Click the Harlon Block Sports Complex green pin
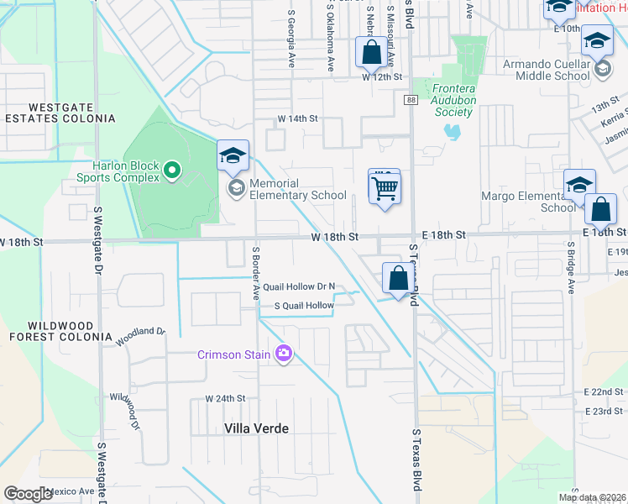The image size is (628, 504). [172, 171]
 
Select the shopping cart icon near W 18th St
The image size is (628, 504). [385, 187]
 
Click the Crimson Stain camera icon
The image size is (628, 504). [284, 354]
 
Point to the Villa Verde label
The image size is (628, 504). [256, 428]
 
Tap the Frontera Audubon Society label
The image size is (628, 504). [466, 100]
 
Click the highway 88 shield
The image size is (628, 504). [410, 100]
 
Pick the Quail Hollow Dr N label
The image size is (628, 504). [298, 286]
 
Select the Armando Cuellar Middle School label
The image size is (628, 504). [547, 70]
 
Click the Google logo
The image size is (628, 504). [28, 493]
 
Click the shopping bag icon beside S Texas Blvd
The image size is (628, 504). [399, 278]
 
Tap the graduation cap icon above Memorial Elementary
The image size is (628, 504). [233, 155]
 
